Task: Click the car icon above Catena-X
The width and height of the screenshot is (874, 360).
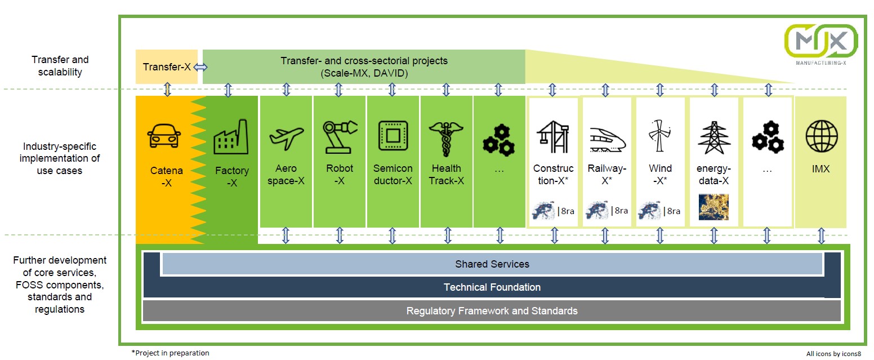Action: (x=164, y=136)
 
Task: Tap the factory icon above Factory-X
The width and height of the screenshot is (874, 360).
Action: (x=231, y=137)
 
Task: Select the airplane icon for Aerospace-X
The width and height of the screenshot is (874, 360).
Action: (x=286, y=136)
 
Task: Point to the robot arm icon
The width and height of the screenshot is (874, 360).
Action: (x=340, y=136)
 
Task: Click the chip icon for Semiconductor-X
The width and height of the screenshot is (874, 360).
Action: (x=393, y=136)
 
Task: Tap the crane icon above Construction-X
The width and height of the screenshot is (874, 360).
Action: (x=553, y=137)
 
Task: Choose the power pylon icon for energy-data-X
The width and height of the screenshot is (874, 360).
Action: (x=714, y=137)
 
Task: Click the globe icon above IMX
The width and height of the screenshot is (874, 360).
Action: (x=821, y=137)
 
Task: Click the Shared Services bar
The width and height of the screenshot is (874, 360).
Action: (x=492, y=264)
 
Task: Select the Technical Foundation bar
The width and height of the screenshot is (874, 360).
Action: (x=492, y=287)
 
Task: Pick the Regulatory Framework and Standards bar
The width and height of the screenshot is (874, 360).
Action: (x=492, y=310)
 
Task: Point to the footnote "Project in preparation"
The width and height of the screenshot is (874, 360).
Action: (x=170, y=353)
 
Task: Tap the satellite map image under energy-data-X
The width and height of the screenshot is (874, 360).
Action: (x=713, y=207)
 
